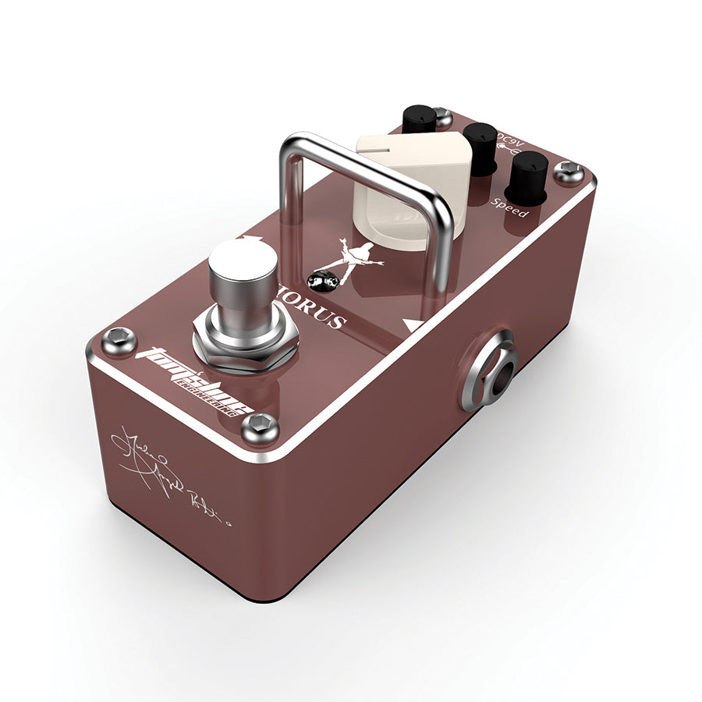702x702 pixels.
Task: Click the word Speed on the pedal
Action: pos(509,208)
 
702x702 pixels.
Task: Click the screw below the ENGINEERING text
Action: pos(260,427)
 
